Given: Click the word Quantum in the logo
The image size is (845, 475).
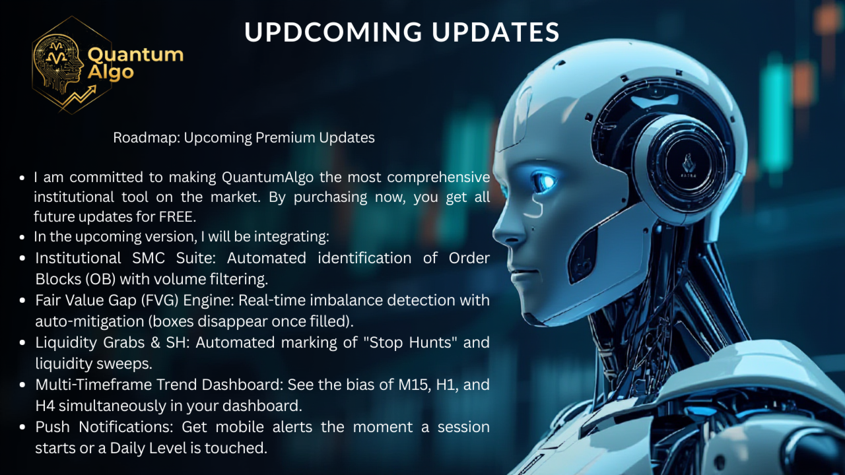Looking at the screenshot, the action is coord(135,55).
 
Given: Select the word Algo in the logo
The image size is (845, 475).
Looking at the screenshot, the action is coord(110,72).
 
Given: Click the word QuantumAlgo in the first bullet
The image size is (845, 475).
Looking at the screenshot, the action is coord(267,177).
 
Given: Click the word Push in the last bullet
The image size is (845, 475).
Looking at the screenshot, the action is coord(52,427).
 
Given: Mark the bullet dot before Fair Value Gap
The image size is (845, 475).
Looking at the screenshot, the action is coord(22,300).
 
